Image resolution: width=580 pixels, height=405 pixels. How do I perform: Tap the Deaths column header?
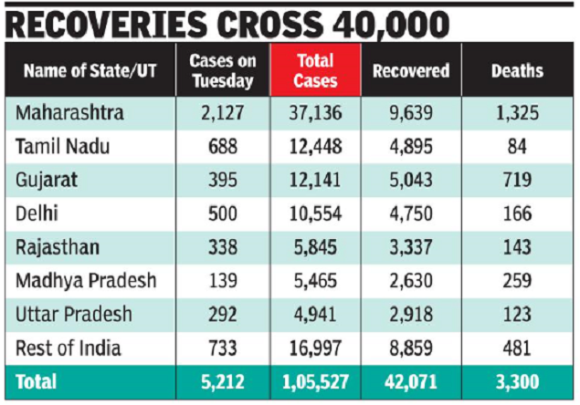click(517, 70)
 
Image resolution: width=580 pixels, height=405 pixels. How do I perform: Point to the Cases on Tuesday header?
click(221, 70)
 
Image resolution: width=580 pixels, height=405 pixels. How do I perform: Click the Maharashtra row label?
click(69, 114)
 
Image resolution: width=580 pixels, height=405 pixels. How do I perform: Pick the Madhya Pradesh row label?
click(86, 280)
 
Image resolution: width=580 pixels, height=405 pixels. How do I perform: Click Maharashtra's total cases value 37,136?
click(316, 114)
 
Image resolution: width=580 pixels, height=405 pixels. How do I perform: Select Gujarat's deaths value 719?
click(517, 181)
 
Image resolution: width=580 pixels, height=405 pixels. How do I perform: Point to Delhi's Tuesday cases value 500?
click(222, 213)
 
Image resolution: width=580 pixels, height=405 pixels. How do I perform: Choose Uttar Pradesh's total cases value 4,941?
click(316, 314)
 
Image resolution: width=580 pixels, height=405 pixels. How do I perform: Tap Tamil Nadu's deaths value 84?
click(517, 147)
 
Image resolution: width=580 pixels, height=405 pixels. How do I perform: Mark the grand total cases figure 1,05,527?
click(316, 381)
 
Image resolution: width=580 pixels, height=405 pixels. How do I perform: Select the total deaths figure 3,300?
click(517, 381)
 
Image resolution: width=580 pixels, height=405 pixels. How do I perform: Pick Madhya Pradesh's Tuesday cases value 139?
click(222, 280)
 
